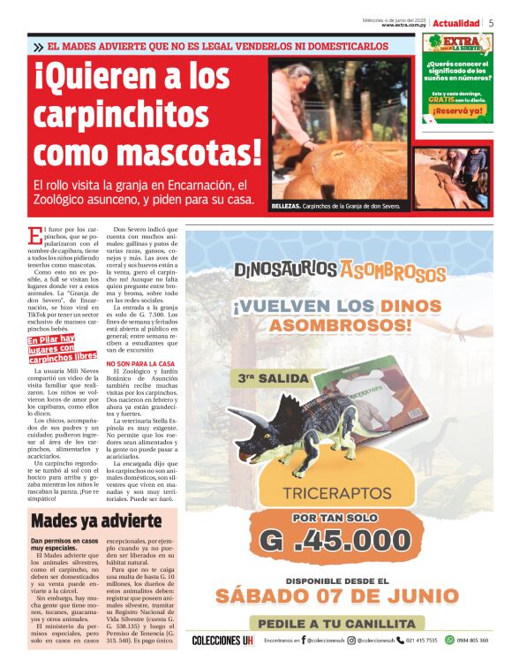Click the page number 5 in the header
point(491,23)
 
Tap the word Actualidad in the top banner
point(456,23)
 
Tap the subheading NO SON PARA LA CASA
point(165,363)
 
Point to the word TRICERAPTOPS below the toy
point(339,497)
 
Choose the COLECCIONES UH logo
point(222,641)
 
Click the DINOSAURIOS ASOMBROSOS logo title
point(339,269)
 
